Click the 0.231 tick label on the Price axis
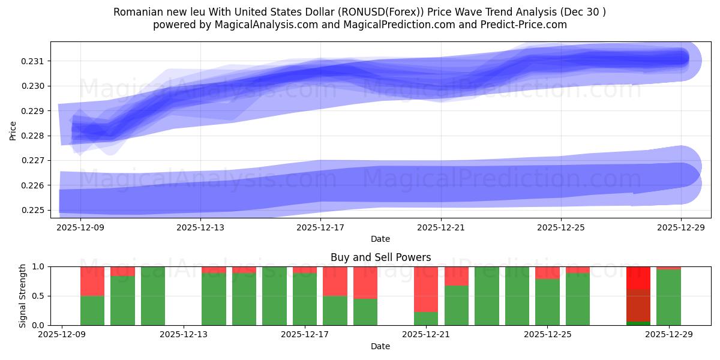[34, 61]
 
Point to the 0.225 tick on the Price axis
[34, 210]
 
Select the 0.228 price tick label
[34, 136]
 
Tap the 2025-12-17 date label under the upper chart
[321, 227]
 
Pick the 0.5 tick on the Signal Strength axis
[39, 296]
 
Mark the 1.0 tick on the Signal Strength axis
[39, 266]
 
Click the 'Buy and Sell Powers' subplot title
[380, 257]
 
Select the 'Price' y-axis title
[13, 130]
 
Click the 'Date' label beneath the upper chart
[380, 239]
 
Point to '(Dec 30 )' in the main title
[582, 12]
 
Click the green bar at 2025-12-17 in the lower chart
[305, 299]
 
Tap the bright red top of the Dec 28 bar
[638, 277]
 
